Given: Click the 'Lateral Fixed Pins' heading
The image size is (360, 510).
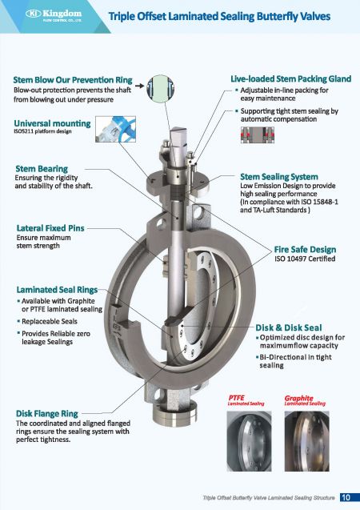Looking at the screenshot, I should pyautogui.click(x=50, y=228).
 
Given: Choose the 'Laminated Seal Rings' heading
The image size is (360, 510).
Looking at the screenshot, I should pyautogui.click(x=57, y=288).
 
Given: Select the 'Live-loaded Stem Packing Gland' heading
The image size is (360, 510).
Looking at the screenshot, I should pyautogui.click(x=291, y=79).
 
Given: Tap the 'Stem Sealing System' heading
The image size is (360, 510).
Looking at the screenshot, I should pyautogui.click(x=279, y=176).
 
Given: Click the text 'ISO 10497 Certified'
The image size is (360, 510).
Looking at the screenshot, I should pyautogui.click(x=304, y=259).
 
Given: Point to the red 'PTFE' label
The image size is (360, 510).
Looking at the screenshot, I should pyautogui.click(x=237, y=397).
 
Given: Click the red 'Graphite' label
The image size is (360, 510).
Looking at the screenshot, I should pyautogui.click(x=298, y=397).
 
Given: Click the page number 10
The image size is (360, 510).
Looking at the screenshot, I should pyautogui.click(x=346, y=498).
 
